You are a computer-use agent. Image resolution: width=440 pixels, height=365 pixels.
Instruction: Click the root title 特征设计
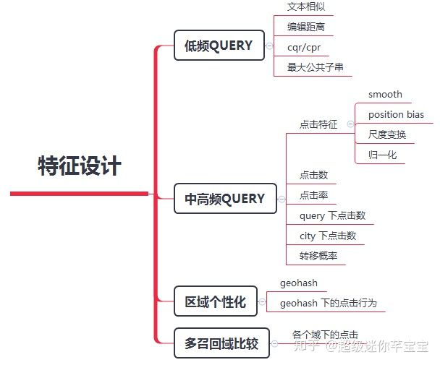80,166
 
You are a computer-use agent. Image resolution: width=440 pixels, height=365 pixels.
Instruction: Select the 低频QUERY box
219,46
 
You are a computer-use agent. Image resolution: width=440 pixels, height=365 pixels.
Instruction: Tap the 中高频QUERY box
225,199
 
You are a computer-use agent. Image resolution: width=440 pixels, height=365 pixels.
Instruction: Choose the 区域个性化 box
216,301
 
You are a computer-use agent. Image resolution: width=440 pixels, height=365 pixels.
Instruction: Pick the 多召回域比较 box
221,343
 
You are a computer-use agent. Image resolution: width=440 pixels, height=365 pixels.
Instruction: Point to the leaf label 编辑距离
306,27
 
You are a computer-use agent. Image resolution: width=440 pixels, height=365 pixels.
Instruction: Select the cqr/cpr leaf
304,48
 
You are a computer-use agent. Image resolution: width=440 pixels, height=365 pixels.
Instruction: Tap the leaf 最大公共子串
316,68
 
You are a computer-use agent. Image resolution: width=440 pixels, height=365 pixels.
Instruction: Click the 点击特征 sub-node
318,124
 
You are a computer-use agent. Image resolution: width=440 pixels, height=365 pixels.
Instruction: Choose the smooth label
385,95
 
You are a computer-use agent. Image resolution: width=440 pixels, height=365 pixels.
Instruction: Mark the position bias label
396,115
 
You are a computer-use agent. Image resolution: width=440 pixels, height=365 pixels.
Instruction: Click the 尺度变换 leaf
387,134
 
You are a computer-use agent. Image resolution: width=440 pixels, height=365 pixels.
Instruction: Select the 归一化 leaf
382,155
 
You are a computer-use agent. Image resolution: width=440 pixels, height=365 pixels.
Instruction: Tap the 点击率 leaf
314,195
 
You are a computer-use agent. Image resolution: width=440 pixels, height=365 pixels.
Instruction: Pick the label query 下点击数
332,215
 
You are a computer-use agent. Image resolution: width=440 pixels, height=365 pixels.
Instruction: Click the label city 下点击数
328,236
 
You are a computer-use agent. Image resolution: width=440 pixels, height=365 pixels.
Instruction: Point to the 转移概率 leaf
318,256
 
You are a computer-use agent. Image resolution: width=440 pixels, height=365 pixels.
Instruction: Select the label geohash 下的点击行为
329,303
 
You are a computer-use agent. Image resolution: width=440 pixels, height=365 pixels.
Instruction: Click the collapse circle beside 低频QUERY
269,46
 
